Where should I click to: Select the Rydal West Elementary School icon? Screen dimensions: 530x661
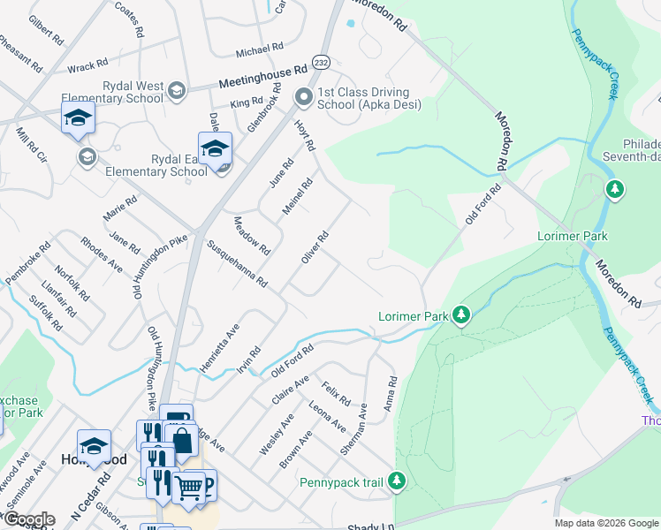176,91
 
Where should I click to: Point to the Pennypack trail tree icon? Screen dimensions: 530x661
398,481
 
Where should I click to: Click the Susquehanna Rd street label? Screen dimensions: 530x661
237,263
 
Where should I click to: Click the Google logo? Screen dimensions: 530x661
28,519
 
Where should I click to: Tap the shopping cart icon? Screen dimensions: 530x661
187,485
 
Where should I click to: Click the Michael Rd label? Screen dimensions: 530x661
259,48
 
